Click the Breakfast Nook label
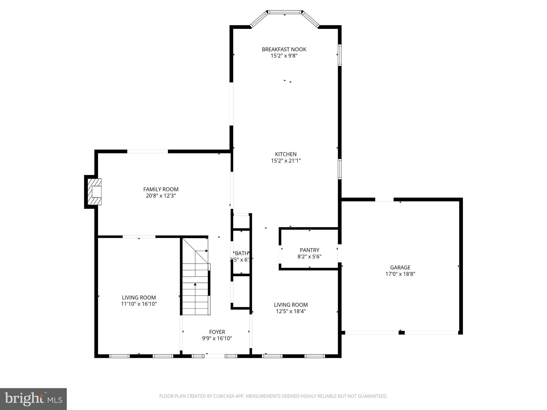click(x=284, y=49)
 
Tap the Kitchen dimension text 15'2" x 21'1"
click(x=286, y=161)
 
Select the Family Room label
click(x=161, y=189)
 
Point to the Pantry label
click(x=309, y=250)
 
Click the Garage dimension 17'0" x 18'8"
click(x=400, y=274)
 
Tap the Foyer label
click(x=217, y=332)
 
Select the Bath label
click(x=241, y=253)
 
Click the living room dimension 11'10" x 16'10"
click(x=139, y=304)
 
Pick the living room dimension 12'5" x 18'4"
click(x=291, y=311)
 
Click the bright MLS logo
click(x=33, y=399)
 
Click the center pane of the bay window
click(x=285, y=12)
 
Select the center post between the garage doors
click(x=401, y=333)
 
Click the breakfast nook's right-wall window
click(x=340, y=55)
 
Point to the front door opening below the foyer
click(x=215, y=356)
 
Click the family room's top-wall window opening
click(x=147, y=151)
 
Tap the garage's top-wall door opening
click(x=384, y=199)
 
